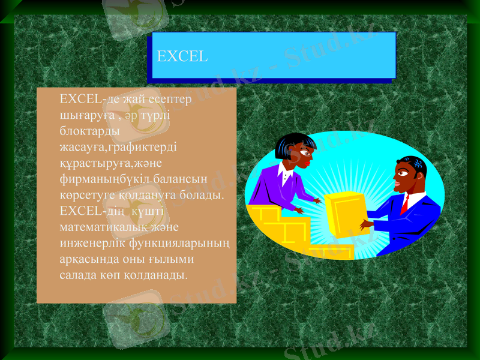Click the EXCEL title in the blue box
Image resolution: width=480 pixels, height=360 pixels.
(182, 57)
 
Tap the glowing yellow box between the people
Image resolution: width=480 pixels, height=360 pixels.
(344, 213)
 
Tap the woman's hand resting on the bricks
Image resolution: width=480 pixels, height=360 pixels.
(298, 210)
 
